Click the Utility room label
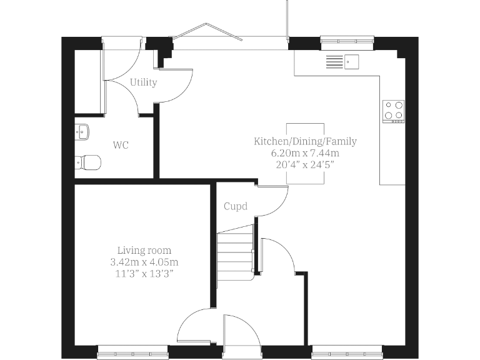point(143,82)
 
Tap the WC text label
point(121,145)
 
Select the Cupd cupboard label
point(236,206)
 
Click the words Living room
point(144,251)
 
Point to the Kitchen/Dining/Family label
point(305,141)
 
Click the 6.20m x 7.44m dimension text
point(305,153)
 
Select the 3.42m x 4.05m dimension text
point(144,262)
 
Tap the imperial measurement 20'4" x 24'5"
point(305,165)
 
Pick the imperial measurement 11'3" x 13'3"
point(144,274)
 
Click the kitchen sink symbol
point(342,62)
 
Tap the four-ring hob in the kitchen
point(393,111)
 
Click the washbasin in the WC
point(82,131)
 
